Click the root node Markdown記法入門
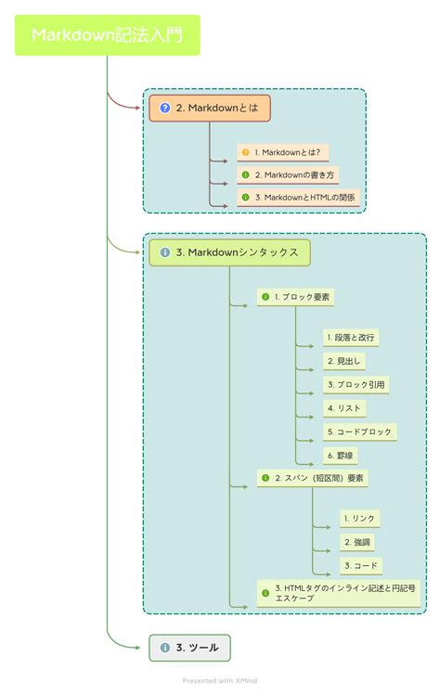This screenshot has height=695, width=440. click(108, 35)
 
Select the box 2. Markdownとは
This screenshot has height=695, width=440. click(210, 108)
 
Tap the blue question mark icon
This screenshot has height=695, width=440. click(165, 108)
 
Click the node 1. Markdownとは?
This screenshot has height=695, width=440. click(282, 153)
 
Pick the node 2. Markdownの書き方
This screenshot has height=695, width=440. click(288, 175)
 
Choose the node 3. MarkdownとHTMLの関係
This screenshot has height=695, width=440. click(298, 198)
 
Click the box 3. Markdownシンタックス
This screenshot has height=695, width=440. click(229, 252)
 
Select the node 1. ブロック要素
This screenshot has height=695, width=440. click(295, 297)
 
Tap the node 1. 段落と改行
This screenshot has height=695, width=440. click(350, 338)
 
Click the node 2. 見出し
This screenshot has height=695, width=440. click(344, 361)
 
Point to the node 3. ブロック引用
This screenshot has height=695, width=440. click(356, 385)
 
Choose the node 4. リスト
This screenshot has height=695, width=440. click(344, 408)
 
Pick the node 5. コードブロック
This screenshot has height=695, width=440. click(360, 432)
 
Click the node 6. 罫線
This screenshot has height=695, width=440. click(340, 456)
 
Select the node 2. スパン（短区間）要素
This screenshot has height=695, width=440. click(313, 478)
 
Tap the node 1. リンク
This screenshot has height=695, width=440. click(360, 519)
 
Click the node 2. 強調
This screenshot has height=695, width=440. click(357, 542)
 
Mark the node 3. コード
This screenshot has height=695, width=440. click(361, 566)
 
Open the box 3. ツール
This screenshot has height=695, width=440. click(190, 648)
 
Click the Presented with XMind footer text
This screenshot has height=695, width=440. click(220, 681)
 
